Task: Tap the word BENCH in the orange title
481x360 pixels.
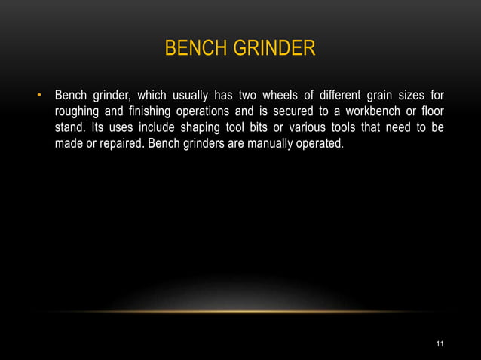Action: click(x=191, y=50)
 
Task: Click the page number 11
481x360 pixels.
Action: click(x=440, y=344)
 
